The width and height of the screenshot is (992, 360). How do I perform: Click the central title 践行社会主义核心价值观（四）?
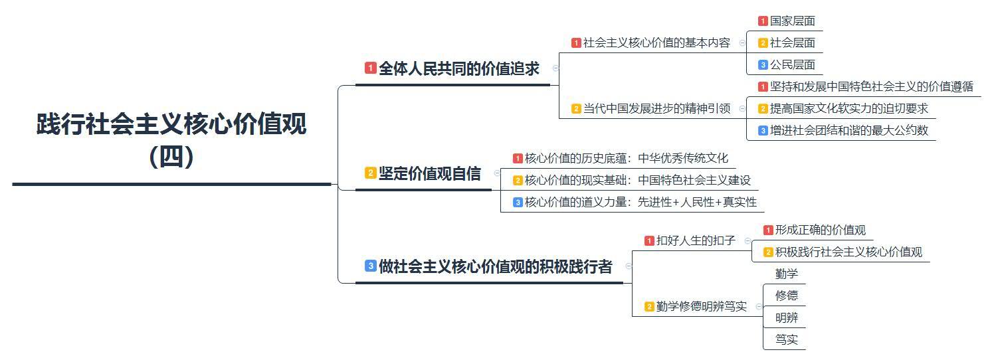(x=171, y=140)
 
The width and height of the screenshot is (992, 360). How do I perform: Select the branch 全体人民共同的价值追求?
(x=458, y=68)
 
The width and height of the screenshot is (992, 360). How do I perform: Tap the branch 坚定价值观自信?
(x=429, y=173)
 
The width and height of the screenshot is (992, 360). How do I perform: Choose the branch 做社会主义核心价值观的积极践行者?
(x=495, y=267)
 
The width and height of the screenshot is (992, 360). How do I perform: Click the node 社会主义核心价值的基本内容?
(x=656, y=43)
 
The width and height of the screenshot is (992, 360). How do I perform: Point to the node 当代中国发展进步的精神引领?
(x=656, y=108)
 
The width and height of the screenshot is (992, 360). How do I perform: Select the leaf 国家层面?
(x=792, y=21)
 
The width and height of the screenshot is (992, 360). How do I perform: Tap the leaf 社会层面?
(x=792, y=43)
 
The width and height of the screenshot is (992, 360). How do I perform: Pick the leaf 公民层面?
(x=792, y=64)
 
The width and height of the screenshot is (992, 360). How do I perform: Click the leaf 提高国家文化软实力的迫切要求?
(x=848, y=108)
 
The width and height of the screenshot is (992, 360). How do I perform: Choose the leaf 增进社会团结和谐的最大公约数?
(x=848, y=130)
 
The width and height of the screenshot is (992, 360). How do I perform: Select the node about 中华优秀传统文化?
(x=626, y=158)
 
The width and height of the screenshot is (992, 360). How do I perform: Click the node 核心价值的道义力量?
(x=641, y=202)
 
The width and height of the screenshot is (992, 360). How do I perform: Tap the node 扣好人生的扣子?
(x=696, y=240)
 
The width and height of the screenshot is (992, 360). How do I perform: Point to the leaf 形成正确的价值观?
(x=820, y=230)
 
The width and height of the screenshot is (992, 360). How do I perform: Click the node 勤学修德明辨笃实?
(x=701, y=306)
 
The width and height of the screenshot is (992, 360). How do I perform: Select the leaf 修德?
(x=787, y=296)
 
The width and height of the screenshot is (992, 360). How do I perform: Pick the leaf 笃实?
(x=787, y=339)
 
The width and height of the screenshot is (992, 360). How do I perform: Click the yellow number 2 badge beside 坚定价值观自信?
(x=370, y=173)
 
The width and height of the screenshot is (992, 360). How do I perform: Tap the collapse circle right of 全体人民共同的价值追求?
(x=556, y=68)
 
